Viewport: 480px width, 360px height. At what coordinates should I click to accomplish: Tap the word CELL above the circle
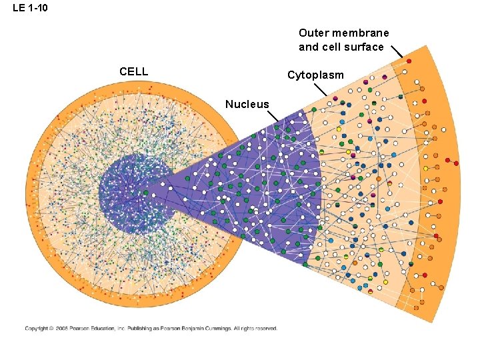133,71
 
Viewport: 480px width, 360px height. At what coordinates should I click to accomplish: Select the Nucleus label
247,104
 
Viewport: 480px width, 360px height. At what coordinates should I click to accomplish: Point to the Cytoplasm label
315,75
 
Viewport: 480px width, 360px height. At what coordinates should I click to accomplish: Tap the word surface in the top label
365,47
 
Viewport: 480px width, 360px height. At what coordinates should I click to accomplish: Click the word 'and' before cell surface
308,47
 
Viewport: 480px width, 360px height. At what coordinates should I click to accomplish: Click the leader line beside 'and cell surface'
397,51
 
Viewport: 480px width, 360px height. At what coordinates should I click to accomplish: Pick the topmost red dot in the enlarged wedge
409,61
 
